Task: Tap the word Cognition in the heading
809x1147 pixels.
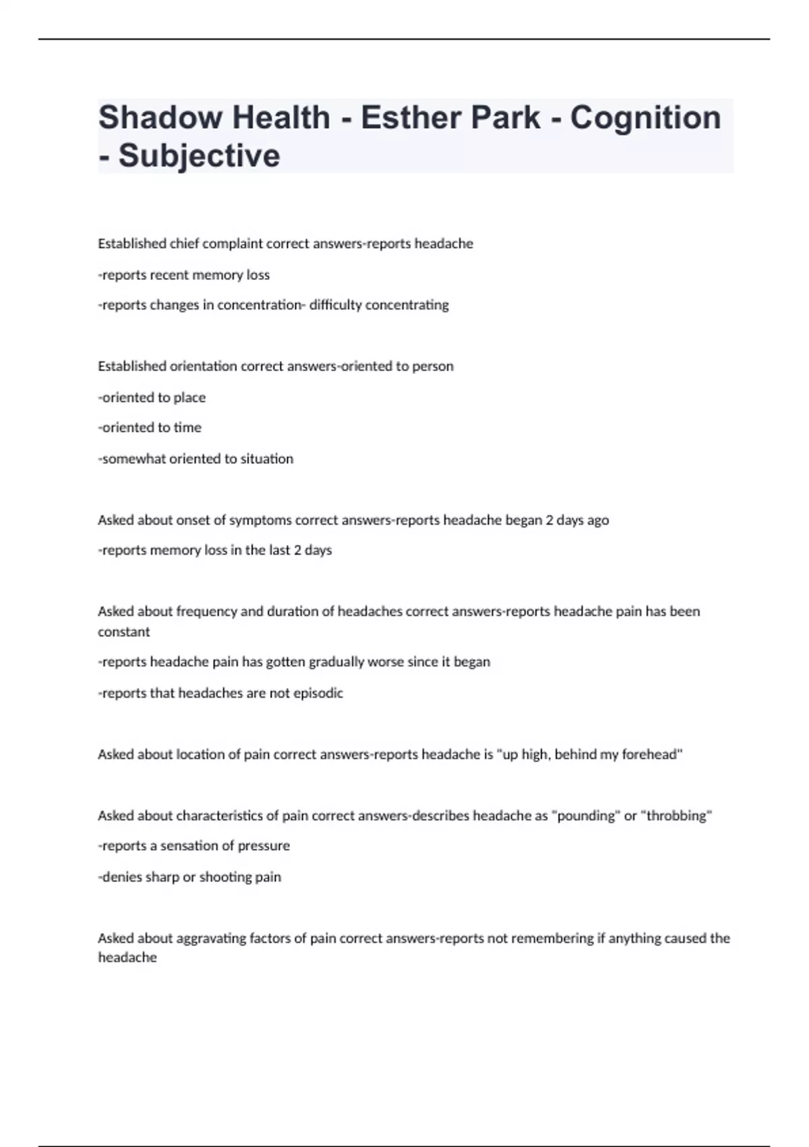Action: tap(645, 117)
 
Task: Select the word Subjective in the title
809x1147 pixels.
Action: tap(199, 156)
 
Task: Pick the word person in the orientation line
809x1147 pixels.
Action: tap(433, 366)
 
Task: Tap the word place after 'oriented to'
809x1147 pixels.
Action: tap(189, 398)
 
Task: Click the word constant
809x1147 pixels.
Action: tap(124, 632)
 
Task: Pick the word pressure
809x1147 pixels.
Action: tap(264, 846)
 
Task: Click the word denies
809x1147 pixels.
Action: tap(121, 877)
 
